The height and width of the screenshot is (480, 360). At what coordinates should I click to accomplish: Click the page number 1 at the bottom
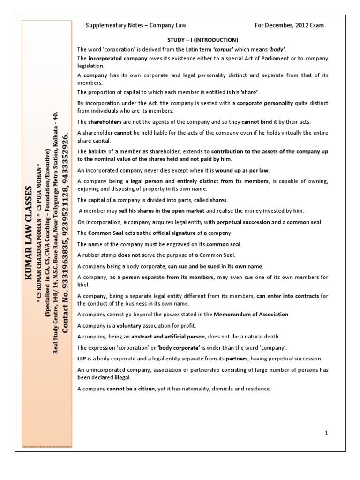click(x=326, y=433)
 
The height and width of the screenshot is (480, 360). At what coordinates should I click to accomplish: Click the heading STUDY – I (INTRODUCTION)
click(x=203, y=39)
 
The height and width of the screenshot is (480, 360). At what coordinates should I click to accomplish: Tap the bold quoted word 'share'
click(x=250, y=92)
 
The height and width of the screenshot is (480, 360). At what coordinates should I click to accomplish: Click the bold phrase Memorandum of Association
click(x=251, y=314)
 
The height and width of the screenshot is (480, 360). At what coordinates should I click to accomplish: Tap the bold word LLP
click(x=82, y=359)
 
